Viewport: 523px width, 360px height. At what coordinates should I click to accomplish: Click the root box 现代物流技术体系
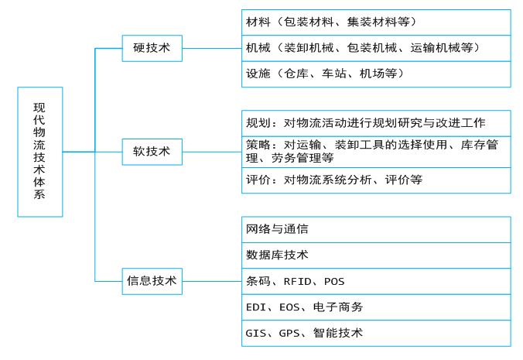[40, 152]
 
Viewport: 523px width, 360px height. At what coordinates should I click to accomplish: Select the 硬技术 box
[152, 48]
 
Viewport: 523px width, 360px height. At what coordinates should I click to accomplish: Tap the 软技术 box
[152, 152]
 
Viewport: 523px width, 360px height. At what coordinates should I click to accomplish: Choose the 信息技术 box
[152, 281]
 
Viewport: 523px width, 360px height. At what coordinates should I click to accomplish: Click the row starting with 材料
[376, 22]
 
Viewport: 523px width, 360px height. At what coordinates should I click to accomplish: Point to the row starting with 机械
[376, 48]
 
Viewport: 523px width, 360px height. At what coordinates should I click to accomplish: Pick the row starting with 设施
[376, 74]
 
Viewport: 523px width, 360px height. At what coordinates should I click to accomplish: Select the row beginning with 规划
[376, 123]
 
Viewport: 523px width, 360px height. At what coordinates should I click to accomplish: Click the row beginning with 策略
[376, 152]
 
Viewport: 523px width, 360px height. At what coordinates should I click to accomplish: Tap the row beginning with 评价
[376, 180]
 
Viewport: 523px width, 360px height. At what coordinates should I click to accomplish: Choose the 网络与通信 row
[376, 229]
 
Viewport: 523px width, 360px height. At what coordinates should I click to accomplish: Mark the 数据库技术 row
[376, 255]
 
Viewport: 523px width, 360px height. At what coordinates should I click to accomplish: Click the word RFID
[298, 282]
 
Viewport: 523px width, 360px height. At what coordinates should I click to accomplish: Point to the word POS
[334, 282]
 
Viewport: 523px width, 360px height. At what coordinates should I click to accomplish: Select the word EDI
[256, 307]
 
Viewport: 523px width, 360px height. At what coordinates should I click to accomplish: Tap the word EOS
[289, 307]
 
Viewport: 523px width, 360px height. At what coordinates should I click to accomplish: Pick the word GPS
[289, 334]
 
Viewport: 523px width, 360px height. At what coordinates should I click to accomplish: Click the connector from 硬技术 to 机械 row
[212, 48]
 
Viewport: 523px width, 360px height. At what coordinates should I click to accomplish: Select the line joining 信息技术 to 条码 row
[212, 281]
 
